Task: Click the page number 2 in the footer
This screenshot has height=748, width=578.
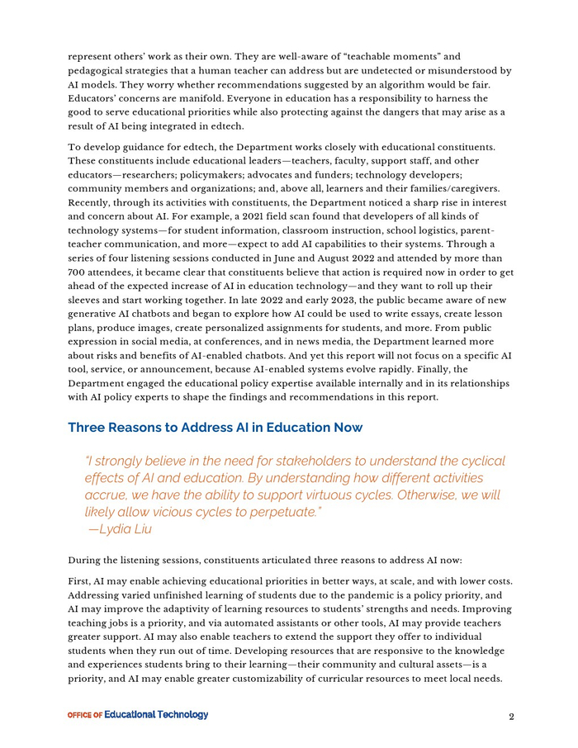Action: [512, 717]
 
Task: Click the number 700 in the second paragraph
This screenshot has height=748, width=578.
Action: [78, 272]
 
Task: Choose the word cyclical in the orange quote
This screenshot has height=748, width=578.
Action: [480, 461]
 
